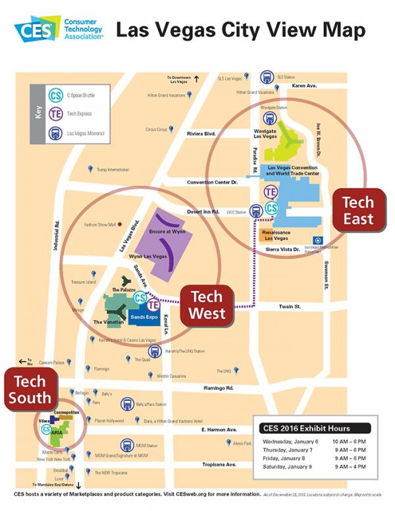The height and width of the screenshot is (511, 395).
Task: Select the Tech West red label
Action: [x=207, y=304]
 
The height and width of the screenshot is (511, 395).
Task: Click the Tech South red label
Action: [x=30, y=389]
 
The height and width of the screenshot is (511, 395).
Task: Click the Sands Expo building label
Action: [x=143, y=317]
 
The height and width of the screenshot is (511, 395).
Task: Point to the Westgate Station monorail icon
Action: [x=269, y=117]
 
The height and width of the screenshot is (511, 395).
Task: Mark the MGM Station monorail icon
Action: [x=126, y=445]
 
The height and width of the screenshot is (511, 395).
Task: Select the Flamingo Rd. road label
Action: [x=219, y=388]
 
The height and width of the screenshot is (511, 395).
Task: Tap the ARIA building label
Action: [x=57, y=433]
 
